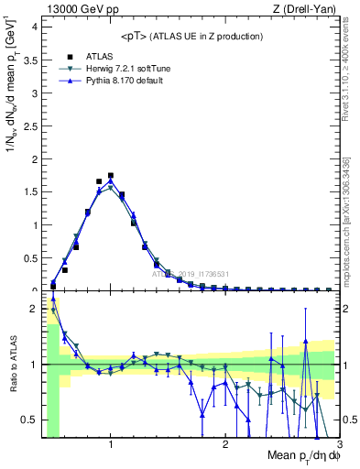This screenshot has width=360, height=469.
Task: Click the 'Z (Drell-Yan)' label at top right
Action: pyautogui.click(x=297, y=8)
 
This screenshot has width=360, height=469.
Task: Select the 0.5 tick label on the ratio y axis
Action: pyautogui.click(x=31, y=420)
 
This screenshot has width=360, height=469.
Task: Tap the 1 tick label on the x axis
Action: pyautogui.click(x=110, y=446)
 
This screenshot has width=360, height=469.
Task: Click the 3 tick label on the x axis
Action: pyautogui.click(x=340, y=446)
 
